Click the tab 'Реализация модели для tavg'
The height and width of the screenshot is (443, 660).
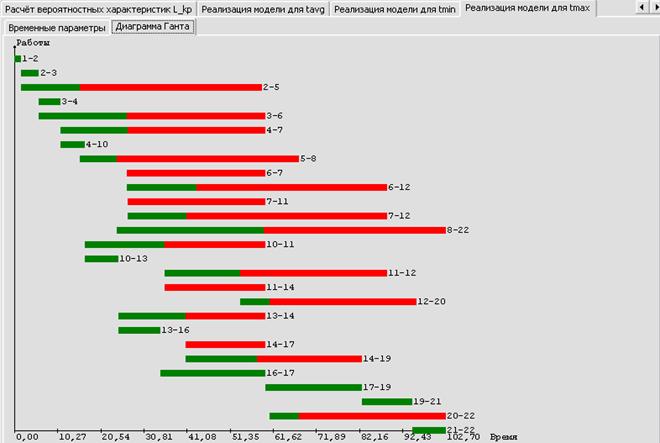(264, 8)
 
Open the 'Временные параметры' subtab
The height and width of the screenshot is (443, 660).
(56, 27)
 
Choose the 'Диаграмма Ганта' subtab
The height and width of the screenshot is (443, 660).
(154, 27)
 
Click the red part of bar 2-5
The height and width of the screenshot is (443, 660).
(170, 87)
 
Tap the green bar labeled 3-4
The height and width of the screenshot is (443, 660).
(49, 101)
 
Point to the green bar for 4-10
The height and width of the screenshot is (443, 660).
(72, 144)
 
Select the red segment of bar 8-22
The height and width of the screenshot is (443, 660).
(355, 230)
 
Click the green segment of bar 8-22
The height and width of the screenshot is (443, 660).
(190, 230)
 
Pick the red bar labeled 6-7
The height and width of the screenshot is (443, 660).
(195, 173)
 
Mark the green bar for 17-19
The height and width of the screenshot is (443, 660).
(313, 387)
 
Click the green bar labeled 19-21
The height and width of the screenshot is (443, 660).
(386, 401)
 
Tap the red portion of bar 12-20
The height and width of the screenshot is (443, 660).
(343, 301)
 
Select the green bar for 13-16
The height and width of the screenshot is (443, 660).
(138, 330)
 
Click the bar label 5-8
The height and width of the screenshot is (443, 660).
(309, 159)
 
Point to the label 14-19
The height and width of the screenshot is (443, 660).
(376, 358)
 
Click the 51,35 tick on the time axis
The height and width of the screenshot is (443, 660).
(245, 436)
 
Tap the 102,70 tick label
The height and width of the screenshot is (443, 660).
(462, 436)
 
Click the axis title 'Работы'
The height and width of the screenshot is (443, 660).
(33, 43)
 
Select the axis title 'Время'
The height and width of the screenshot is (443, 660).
(504, 436)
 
